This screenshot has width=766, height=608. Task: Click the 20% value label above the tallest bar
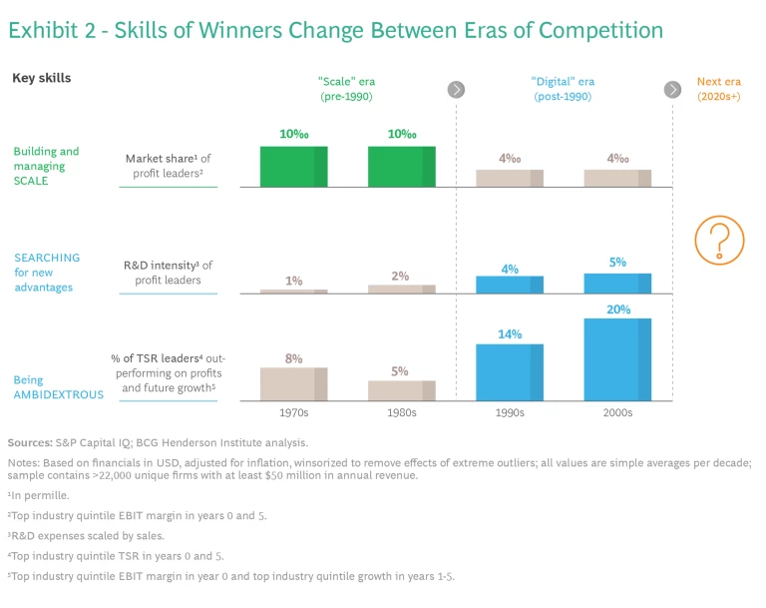[x=617, y=309]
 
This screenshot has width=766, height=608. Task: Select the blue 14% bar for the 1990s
[x=510, y=372]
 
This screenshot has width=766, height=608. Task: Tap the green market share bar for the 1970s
[x=293, y=167]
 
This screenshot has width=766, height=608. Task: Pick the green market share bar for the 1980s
[x=401, y=167]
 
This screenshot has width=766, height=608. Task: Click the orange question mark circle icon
[x=719, y=241]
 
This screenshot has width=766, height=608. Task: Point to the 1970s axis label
[x=293, y=412]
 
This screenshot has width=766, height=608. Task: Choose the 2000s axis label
[x=617, y=412]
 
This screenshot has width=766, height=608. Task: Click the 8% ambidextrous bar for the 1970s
[x=293, y=384]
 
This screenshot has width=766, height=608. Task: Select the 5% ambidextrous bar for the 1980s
[x=401, y=390]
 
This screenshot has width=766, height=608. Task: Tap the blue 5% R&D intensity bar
[x=617, y=284]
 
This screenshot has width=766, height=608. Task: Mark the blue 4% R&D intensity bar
[x=510, y=285]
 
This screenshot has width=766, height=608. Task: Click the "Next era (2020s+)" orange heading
[x=718, y=90]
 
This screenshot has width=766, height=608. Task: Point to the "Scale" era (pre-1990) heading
[x=346, y=90]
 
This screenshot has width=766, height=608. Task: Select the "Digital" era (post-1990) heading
[x=562, y=90]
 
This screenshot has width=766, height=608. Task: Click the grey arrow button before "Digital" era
[x=457, y=90]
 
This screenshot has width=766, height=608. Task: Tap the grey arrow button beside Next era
[x=672, y=90]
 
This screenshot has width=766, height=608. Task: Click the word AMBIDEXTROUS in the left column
[x=59, y=394]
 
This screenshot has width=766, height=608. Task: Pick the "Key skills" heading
[x=41, y=78]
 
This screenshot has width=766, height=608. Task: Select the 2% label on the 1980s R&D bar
[x=400, y=277]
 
